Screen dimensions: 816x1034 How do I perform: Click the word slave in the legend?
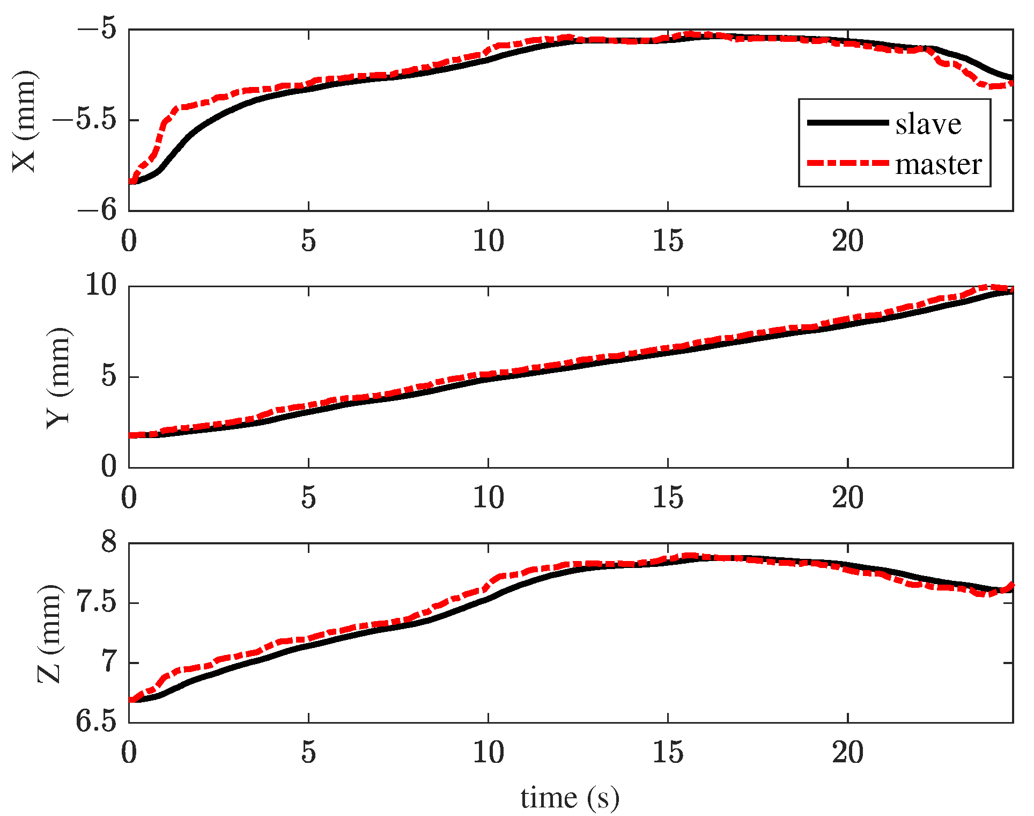click(928, 124)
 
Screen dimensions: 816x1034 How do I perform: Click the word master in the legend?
click(939, 164)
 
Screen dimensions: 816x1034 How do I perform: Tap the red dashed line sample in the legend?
click(848, 163)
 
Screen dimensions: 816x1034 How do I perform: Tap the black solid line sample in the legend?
click(848, 122)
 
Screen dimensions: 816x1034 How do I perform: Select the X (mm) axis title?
click(25, 121)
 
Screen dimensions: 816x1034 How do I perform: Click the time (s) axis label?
click(570, 798)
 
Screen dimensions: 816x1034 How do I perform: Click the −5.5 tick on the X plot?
click(93, 120)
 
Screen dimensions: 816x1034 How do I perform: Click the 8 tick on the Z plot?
click(109, 542)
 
